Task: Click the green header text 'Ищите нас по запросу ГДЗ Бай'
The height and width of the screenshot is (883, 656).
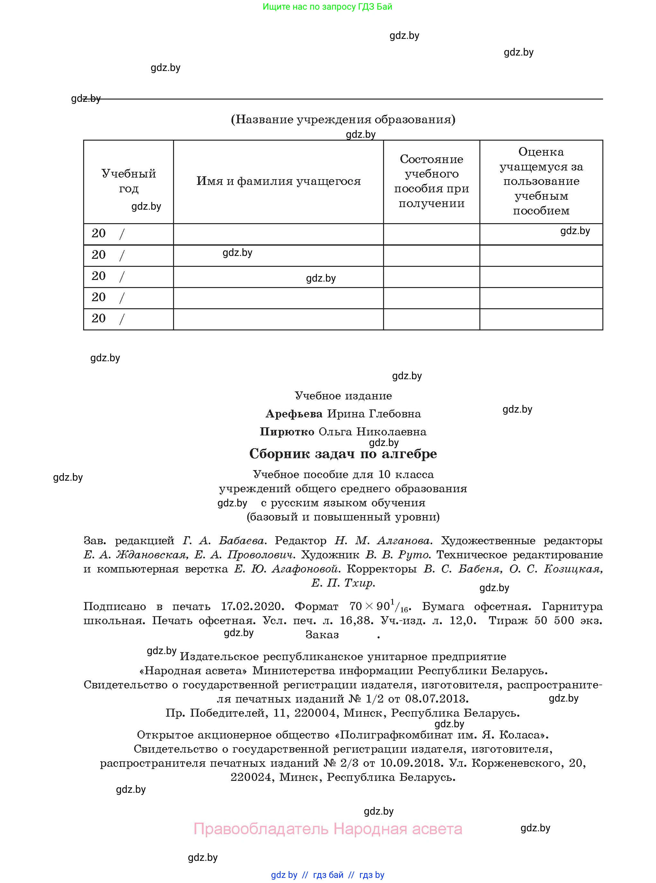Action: [x=327, y=7]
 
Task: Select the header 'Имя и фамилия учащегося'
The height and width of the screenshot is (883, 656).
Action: [x=278, y=181]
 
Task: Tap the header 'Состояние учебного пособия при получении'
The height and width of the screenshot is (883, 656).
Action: [x=431, y=181]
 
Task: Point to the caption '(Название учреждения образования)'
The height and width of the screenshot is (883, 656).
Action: [x=343, y=119]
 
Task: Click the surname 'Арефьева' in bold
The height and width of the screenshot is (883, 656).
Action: [x=294, y=414]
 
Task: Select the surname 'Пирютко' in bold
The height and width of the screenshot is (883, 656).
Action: [x=287, y=432]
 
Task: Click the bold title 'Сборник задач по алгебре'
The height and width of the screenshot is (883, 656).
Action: [x=343, y=453]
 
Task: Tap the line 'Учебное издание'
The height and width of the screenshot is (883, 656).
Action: [x=343, y=396]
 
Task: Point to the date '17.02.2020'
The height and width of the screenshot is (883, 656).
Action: [x=253, y=606]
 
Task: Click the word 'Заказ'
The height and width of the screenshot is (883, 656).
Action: [x=322, y=635]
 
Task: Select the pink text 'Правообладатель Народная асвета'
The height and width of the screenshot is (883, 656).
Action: [x=328, y=829]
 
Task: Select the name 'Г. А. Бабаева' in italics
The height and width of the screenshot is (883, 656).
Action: [x=225, y=540]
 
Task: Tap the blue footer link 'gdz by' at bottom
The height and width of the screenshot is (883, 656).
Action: [x=284, y=875]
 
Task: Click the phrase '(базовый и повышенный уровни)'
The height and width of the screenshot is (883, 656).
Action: [x=343, y=517]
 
